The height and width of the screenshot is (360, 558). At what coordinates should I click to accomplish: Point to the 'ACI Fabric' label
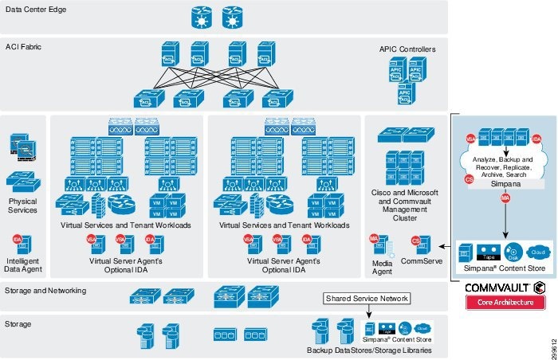[x=24, y=47]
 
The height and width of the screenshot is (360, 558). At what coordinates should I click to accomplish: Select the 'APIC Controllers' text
[x=407, y=50]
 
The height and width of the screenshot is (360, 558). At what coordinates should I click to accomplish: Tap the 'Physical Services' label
[x=22, y=205]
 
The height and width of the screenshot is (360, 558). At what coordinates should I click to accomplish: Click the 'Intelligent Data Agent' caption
[x=22, y=264]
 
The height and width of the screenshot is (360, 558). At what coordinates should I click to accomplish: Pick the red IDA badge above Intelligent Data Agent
[x=17, y=240]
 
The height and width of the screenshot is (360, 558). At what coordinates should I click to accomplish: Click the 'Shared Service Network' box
[x=366, y=299]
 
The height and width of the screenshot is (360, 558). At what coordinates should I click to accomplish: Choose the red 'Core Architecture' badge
[x=505, y=303]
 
